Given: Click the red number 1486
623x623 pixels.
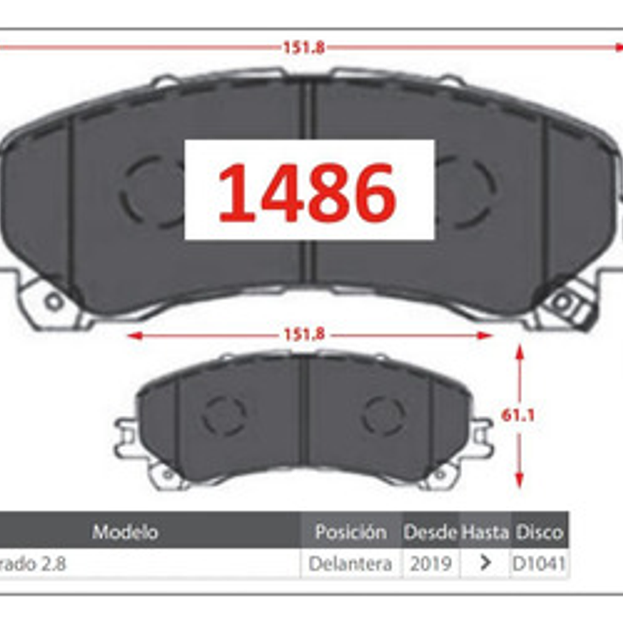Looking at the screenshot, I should pyautogui.click(x=307, y=192).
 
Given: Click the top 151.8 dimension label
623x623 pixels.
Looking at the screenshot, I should pyautogui.click(x=303, y=48).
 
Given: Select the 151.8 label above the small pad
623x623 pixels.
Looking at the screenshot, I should pyautogui.click(x=304, y=334).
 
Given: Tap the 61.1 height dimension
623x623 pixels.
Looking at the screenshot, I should pyautogui.click(x=518, y=415).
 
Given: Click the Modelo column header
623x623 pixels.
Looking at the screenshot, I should pyautogui.click(x=125, y=532).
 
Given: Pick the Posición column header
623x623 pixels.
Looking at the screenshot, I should pyautogui.click(x=351, y=532).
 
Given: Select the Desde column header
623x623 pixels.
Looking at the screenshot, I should pyautogui.click(x=430, y=532).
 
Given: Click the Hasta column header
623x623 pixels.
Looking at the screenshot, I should pyautogui.click(x=485, y=532).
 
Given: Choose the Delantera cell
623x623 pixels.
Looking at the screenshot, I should pyautogui.click(x=350, y=563).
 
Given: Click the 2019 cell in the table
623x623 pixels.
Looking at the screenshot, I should pyautogui.click(x=431, y=563).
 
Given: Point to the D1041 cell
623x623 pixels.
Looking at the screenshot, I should pyautogui.click(x=539, y=563).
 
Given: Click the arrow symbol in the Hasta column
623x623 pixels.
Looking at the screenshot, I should pyautogui.click(x=485, y=563).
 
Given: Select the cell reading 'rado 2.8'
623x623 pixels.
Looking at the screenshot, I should pyautogui.click(x=33, y=563).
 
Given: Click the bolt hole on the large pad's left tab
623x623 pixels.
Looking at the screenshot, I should pyautogui.click(x=54, y=301).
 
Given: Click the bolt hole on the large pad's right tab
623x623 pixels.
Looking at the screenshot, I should pyautogui.click(x=562, y=301).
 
